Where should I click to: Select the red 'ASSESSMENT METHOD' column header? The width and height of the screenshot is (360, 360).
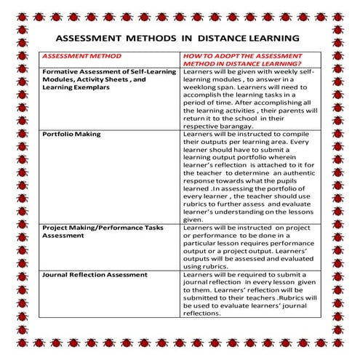point(82,56)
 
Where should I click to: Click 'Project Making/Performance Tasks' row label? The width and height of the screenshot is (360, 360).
point(102,228)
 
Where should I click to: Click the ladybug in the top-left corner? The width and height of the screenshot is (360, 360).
point(9,9)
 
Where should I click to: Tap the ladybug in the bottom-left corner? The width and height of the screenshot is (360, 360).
point(9,350)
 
